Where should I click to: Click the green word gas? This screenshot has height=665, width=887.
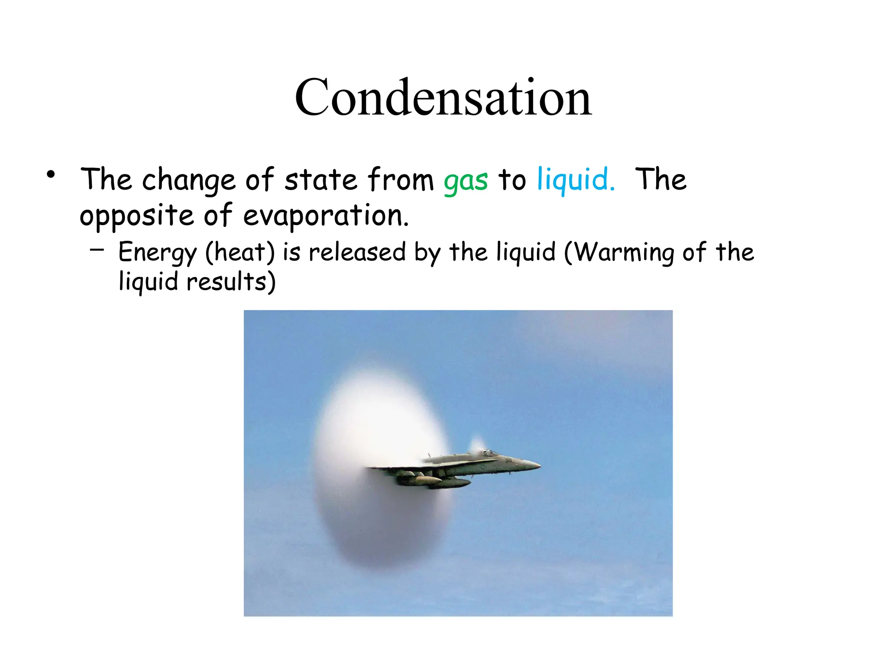(466, 180)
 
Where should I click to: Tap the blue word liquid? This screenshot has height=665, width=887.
(575, 179)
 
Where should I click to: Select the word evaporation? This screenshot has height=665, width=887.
(326, 216)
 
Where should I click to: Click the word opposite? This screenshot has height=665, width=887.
(136, 216)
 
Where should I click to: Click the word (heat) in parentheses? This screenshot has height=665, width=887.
(240, 252)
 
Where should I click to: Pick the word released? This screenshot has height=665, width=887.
(357, 252)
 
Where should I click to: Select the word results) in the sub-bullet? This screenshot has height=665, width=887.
(231, 281)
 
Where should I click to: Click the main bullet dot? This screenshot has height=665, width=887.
(51, 175)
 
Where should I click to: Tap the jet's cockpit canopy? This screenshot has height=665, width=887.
(489, 454)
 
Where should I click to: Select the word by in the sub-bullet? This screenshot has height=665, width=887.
(427, 252)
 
